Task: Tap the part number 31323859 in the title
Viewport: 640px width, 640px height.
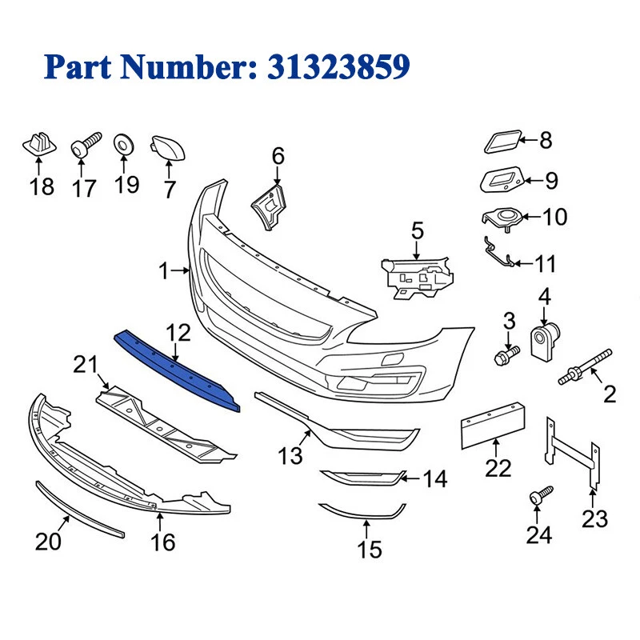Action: [x=334, y=66]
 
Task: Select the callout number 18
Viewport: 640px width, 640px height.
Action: [x=42, y=187]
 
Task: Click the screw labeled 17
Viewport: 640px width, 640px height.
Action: [x=84, y=147]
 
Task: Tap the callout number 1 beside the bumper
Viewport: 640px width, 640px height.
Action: [x=163, y=272]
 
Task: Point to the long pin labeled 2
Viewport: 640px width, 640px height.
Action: [x=590, y=364]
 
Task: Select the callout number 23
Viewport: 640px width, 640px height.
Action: [x=594, y=519]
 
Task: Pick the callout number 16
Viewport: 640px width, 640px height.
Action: [x=163, y=542]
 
